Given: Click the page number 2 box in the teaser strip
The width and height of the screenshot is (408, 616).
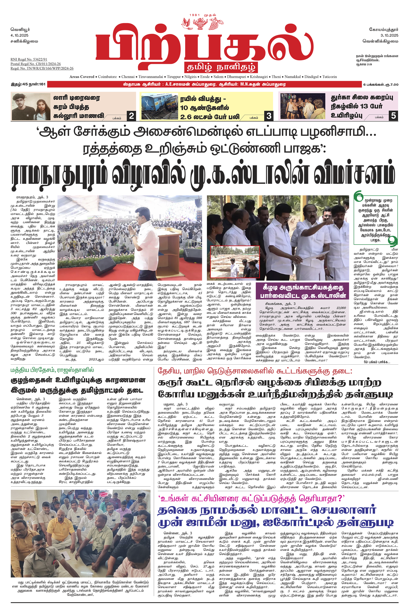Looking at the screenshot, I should tap(132, 116).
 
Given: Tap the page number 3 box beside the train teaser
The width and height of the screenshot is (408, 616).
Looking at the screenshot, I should tap(269, 116).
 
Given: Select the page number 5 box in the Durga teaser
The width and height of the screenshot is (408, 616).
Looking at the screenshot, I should tap(393, 115).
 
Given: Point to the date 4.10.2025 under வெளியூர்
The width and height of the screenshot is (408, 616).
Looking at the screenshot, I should tap(19, 35).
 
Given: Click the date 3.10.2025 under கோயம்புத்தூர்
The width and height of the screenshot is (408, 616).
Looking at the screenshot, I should tap(389, 35).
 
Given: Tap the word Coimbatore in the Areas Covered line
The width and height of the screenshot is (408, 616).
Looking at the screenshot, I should tap(107, 77).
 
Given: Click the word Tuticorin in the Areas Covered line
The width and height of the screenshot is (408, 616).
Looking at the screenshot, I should tap(329, 77).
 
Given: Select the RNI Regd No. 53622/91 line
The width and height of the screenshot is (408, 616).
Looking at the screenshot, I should tap(29, 59).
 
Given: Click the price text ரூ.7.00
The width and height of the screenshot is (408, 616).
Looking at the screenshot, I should tap(391, 84).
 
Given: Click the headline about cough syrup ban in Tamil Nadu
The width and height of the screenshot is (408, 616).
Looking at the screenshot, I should tap(78, 385).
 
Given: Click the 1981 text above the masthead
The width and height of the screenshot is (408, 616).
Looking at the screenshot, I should tap(195, 15).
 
